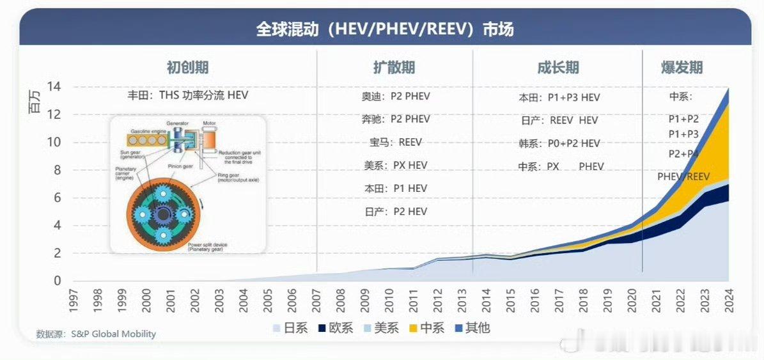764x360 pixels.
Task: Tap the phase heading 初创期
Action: click(x=187, y=67)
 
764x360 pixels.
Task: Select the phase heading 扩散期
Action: click(x=394, y=67)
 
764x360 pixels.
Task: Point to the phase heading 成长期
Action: click(x=558, y=67)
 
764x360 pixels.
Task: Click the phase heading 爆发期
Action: click(x=682, y=67)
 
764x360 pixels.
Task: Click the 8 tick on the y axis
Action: click(x=57, y=170)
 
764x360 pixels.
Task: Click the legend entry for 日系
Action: click(x=291, y=328)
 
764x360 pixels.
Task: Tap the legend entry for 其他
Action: click(x=472, y=328)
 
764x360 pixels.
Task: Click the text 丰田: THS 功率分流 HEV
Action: click(x=187, y=95)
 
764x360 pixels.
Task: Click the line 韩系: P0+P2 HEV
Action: click(x=559, y=143)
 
